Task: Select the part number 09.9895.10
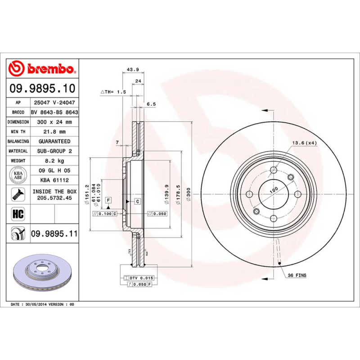coord(42,88)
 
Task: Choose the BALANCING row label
coord(18,141)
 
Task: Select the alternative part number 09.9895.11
coord(54,234)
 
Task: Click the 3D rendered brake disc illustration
coord(44,274)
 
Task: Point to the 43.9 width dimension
coord(133,69)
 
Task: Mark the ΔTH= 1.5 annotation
coord(113,92)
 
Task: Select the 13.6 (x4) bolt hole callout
coord(305,143)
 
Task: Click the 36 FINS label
coord(297,275)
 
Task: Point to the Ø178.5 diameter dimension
coord(179,194)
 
